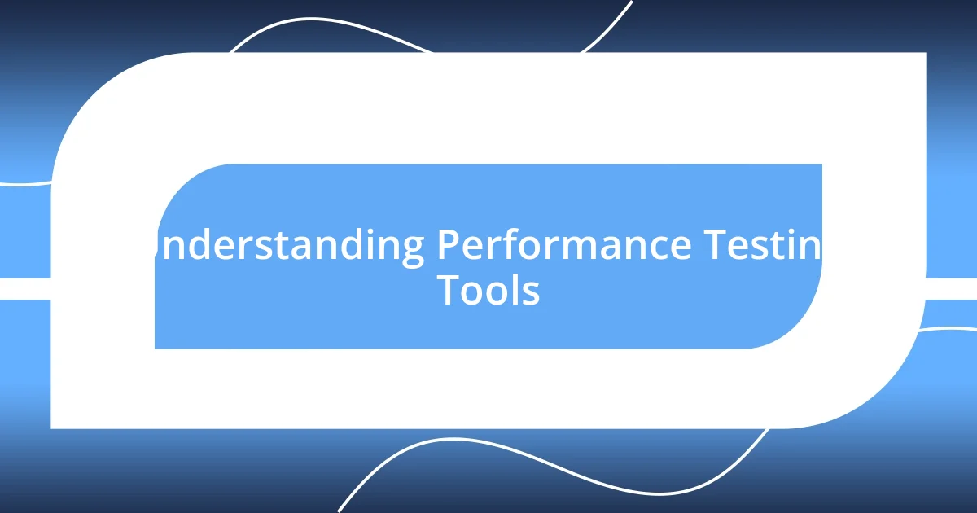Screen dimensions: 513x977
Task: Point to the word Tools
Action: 488,290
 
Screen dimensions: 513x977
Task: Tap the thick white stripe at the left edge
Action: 24,288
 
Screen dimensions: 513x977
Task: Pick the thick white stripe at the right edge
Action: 953,288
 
